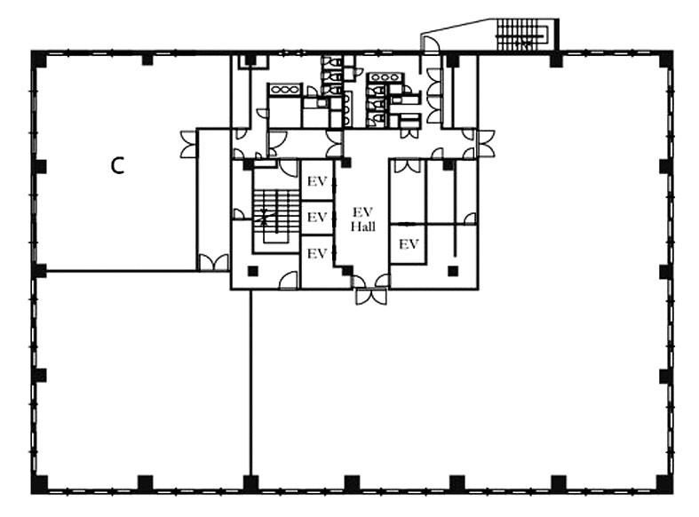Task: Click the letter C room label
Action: point(117,166)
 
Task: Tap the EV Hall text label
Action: point(363,219)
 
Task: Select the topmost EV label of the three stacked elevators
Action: point(317,181)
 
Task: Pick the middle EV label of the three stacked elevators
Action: point(317,217)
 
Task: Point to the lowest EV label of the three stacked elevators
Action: point(317,253)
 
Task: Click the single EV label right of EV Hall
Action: point(409,244)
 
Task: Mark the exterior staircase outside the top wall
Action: point(522,35)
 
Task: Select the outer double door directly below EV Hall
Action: point(371,297)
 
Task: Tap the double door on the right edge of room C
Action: point(188,145)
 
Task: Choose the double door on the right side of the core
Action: point(486,144)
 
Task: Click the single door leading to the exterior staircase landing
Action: point(431,45)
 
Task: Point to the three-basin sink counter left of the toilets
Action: point(283,90)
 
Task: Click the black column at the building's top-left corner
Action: point(39,60)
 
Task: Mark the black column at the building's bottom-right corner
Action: point(664,484)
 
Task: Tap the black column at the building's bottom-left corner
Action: point(39,484)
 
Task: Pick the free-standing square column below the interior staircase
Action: point(253,271)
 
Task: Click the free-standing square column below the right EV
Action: point(453,271)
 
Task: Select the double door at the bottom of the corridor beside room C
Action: point(213,263)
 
